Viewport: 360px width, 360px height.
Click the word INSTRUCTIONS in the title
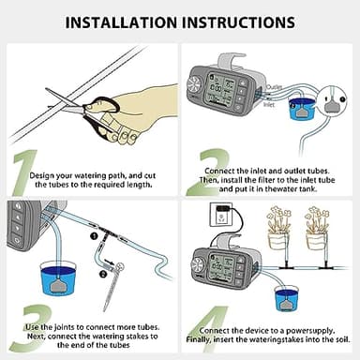[247, 21]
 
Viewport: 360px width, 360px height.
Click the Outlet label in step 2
[276, 87]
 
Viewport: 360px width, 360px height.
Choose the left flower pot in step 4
[277, 240]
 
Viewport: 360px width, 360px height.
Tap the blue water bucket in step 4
[286, 299]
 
